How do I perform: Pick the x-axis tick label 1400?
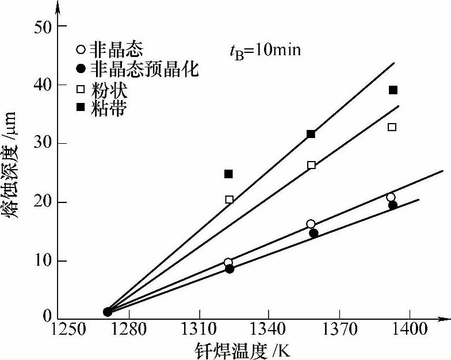click(408, 332)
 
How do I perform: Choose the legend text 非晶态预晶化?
click(146, 70)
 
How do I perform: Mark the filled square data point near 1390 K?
click(393, 90)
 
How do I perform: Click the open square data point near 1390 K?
click(392, 127)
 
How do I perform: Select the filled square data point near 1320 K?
click(228, 174)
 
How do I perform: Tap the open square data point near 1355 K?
click(311, 165)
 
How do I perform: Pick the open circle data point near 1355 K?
click(311, 224)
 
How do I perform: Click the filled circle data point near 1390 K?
click(393, 205)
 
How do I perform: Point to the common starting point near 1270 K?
click(108, 312)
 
